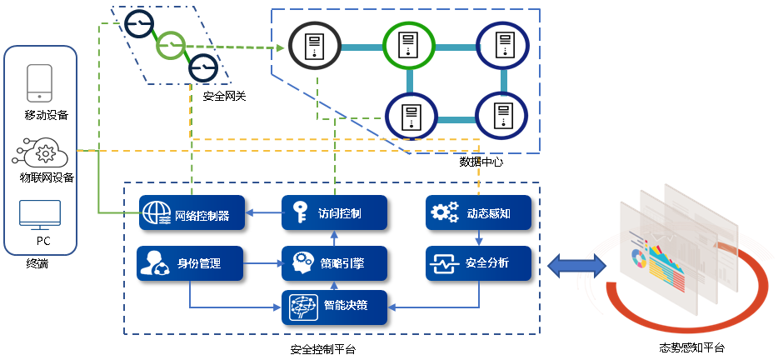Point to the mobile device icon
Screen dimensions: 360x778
tap(40, 82)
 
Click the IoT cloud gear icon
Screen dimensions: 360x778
tap(42, 154)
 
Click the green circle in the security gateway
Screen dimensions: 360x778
tap(171, 43)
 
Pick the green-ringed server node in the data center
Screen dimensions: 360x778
tap(409, 46)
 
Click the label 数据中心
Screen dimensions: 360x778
tap(481, 162)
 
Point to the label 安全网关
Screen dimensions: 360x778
tap(225, 97)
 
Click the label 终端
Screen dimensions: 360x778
tap(37, 263)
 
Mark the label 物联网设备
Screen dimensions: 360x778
tap(47, 177)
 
